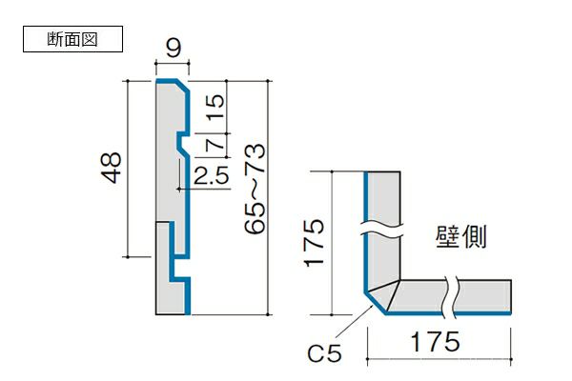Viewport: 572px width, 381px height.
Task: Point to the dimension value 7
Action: [x=214, y=144]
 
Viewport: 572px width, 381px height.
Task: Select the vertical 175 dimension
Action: [x=315, y=243]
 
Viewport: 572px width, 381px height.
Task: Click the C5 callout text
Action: [x=326, y=355]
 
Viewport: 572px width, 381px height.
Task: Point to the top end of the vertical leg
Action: [x=382, y=174]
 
